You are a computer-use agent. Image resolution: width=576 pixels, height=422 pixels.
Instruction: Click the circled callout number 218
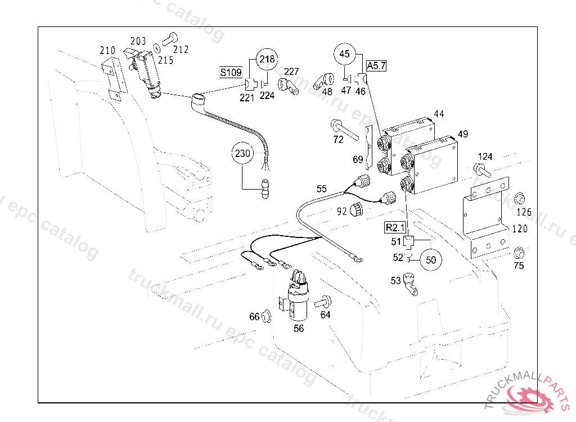(268, 59)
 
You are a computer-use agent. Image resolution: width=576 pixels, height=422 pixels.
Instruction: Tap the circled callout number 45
(345, 55)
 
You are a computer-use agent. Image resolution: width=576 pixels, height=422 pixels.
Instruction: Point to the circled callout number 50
(431, 259)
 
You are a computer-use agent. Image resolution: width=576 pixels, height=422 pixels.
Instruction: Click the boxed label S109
(231, 72)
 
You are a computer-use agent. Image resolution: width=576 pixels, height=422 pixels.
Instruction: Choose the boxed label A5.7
(376, 66)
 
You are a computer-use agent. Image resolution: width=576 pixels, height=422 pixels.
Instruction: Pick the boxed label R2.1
(394, 227)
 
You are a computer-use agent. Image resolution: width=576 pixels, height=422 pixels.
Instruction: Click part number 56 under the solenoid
(298, 328)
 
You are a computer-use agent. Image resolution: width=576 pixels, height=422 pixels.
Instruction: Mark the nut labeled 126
(520, 198)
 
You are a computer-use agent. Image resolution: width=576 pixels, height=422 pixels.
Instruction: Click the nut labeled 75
(519, 252)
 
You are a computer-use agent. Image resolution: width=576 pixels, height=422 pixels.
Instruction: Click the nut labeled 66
(267, 317)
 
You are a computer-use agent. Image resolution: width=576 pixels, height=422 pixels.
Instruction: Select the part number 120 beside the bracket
(520, 230)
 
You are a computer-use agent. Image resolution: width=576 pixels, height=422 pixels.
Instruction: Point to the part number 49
(463, 134)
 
